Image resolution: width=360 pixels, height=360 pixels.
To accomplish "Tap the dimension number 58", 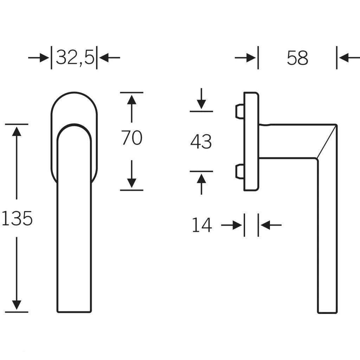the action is [x=297, y=58].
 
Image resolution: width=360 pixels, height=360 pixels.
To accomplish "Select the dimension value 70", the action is [x=131, y=138].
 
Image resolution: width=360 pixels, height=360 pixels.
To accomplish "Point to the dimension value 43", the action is [x=201, y=142].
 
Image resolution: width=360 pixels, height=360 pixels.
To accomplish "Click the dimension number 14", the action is [x=202, y=225].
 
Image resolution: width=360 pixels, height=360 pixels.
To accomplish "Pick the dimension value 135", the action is [x=17, y=218].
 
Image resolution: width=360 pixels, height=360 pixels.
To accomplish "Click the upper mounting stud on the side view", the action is [x=239, y=111].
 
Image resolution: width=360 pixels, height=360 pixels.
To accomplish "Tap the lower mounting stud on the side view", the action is [x=239, y=171].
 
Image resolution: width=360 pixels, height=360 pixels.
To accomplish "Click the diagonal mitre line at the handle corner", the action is [x=327, y=142].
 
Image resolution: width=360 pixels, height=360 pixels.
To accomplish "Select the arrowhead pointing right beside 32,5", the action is [x=44, y=58].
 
